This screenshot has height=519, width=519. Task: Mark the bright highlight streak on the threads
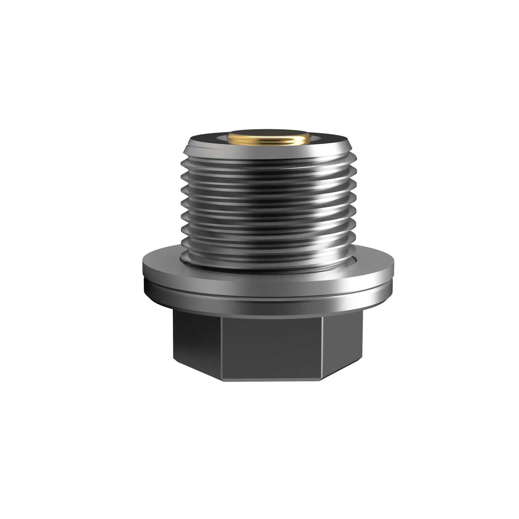tap(312, 201)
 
